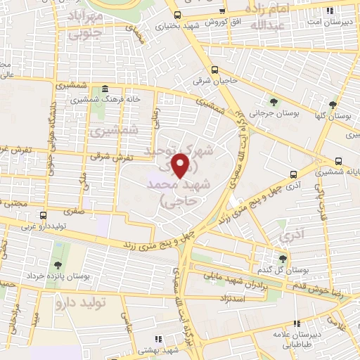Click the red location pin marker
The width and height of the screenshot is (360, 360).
pos(182,165)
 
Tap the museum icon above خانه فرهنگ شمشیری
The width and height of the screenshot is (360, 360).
pos(105,89)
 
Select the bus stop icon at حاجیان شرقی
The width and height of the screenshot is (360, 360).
pos(214,70)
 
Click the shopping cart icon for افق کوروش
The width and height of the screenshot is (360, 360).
pos(223,12)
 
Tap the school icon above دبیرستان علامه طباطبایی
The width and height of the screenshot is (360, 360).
pos(297,324)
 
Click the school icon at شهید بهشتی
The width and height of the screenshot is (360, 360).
pos(159,338)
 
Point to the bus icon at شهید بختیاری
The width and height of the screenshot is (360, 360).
pos(176,15)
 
